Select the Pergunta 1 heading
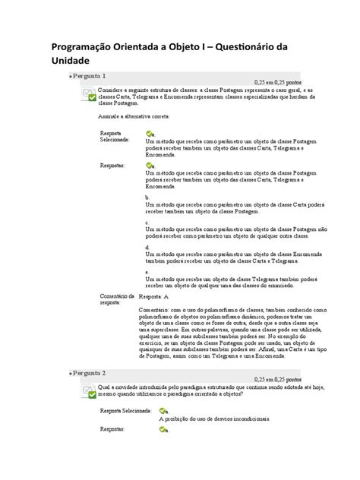coord(90,77)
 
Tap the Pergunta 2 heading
coord(90,374)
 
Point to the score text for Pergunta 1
coord(278,84)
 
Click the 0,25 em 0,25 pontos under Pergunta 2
coord(278,380)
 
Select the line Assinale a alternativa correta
coord(134,116)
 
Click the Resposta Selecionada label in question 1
coord(115,137)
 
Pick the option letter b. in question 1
coord(147,196)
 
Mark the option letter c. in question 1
coord(147,221)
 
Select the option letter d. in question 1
coord(147,247)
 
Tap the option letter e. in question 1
coord(147,272)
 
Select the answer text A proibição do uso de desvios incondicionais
coord(215,418)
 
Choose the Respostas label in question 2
coord(114,430)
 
